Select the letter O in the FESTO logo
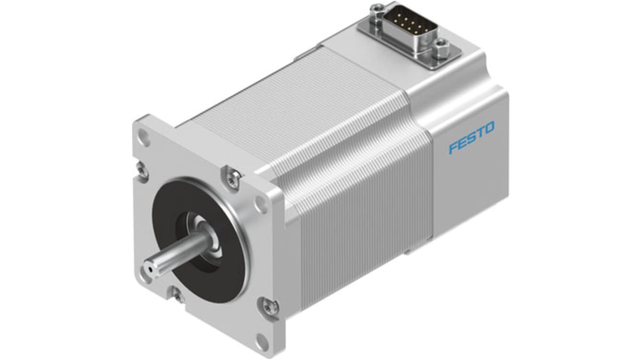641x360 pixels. (x=489, y=129)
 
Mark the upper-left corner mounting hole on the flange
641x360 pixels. (x=143, y=136)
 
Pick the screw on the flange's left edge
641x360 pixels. (x=142, y=170)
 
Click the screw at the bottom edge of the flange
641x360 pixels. (x=177, y=295)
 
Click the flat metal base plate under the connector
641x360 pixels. (x=415, y=50)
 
